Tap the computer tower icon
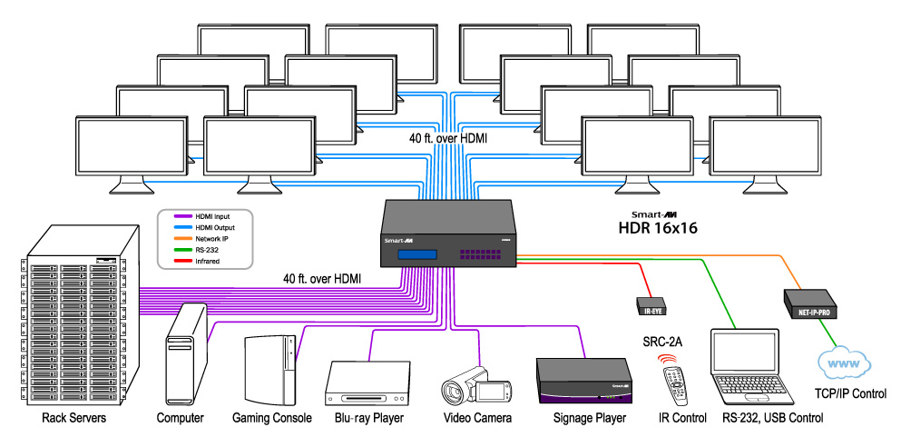pyautogui.click(x=185, y=355)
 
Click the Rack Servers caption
pyautogui.click(x=75, y=419)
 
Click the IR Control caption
pyautogui.click(x=681, y=419)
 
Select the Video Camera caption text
pyautogui.click(x=477, y=419)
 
